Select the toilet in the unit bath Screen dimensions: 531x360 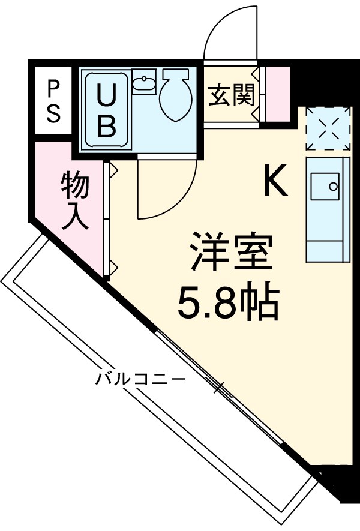[175, 95]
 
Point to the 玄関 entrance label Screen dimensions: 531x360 [232, 94]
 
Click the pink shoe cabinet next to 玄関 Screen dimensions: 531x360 [278, 93]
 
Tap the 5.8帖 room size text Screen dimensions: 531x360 [228, 304]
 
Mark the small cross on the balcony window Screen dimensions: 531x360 [220, 388]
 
